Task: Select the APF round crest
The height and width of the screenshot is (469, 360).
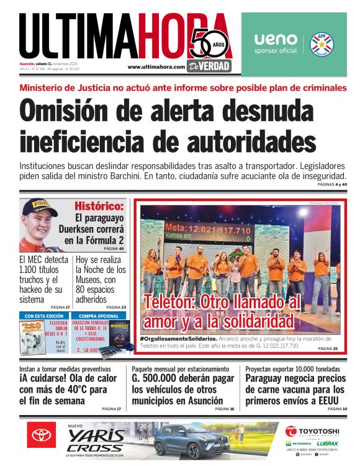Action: [x=322, y=43]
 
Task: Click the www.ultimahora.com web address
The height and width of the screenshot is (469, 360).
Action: [x=156, y=67]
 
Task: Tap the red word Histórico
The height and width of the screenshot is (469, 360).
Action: [x=99, y=206]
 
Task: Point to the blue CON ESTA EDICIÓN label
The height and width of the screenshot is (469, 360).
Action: [x=44, y=316]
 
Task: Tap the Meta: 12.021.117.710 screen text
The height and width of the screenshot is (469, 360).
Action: [x=207, y=230]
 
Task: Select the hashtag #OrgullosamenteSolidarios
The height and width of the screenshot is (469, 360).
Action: [x=179, y=339]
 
